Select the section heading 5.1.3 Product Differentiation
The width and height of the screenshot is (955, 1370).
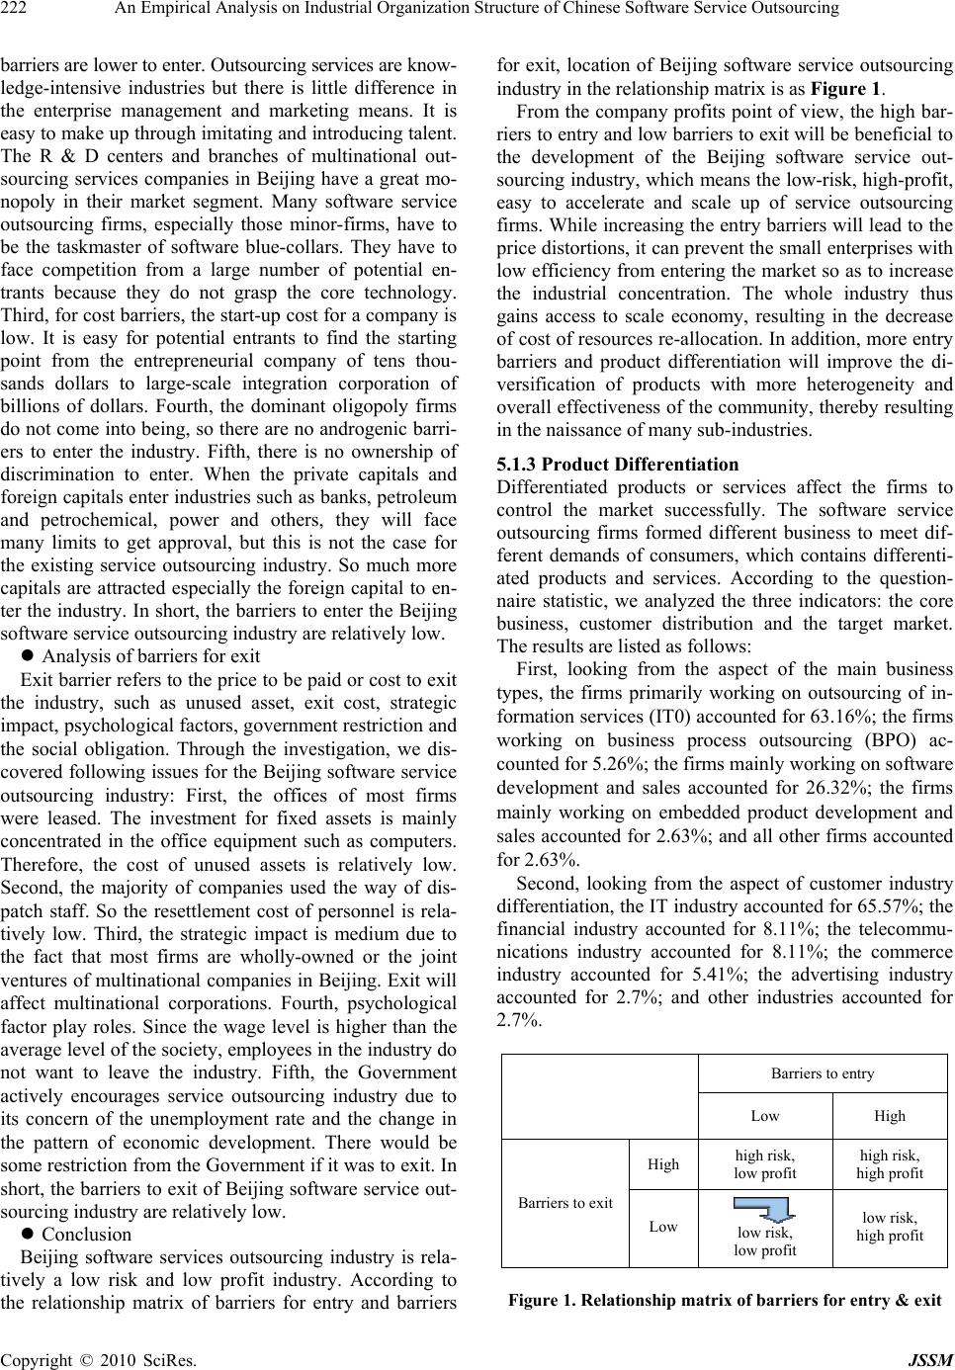pyautogui.click(x=618, y=464)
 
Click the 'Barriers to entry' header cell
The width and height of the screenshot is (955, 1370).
pyautogui.click(x=823, y=1073)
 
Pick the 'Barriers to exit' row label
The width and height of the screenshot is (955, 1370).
pyautogui.click(x=565, y=1203)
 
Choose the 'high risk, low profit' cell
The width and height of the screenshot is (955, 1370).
pyautogui.click(x=765, y=1164)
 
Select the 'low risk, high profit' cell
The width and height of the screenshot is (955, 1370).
pyautogui.click(x=890, y=1227)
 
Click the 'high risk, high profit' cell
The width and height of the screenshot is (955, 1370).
pyautogui.click(x=890, y=1164)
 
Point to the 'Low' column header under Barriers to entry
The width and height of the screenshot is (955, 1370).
pyautogui.click(x=765, y=1116)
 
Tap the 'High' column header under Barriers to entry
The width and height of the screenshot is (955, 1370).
pyautogui.click(x=890, y=1116)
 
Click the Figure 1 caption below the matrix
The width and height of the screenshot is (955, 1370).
pyautogui.click(x=725, y=1300)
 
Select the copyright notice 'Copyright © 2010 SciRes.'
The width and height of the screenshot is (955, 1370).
pyautogui.click(x=98, y=1360)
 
